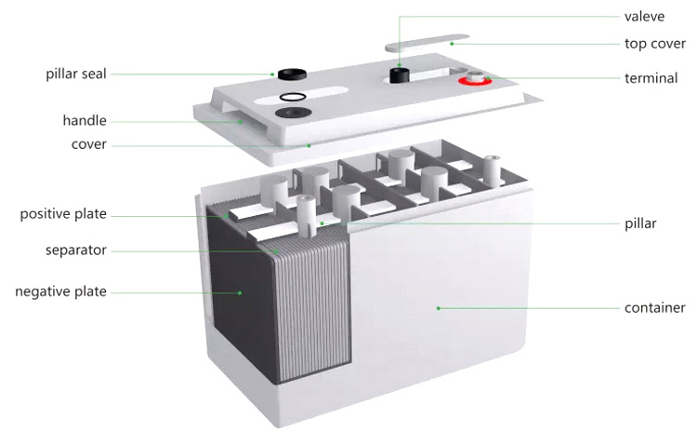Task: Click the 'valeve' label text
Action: pos(644,17)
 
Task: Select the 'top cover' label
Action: pos(655,44)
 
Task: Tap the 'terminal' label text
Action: pos(651,78)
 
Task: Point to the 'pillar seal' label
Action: pos(76,74)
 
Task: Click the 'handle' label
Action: pos(85,120)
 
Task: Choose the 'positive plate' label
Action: pos(63,214)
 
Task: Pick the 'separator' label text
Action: pos(76,250)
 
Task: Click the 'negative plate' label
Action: pos(61,291)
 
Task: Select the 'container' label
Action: pos(655,308)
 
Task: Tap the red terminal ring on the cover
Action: pos(475,82)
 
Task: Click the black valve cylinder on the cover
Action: pos(400,75)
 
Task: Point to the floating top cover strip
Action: pos(427,43)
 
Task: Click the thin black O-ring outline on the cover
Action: pos(293,97)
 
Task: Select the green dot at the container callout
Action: pos(439,308)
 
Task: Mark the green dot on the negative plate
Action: pos(240,293)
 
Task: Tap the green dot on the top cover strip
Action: pos(452,44)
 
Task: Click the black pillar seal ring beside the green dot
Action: pos(292,74)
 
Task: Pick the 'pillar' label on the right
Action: pos(640,223)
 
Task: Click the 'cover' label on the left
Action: pos(89,145)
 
